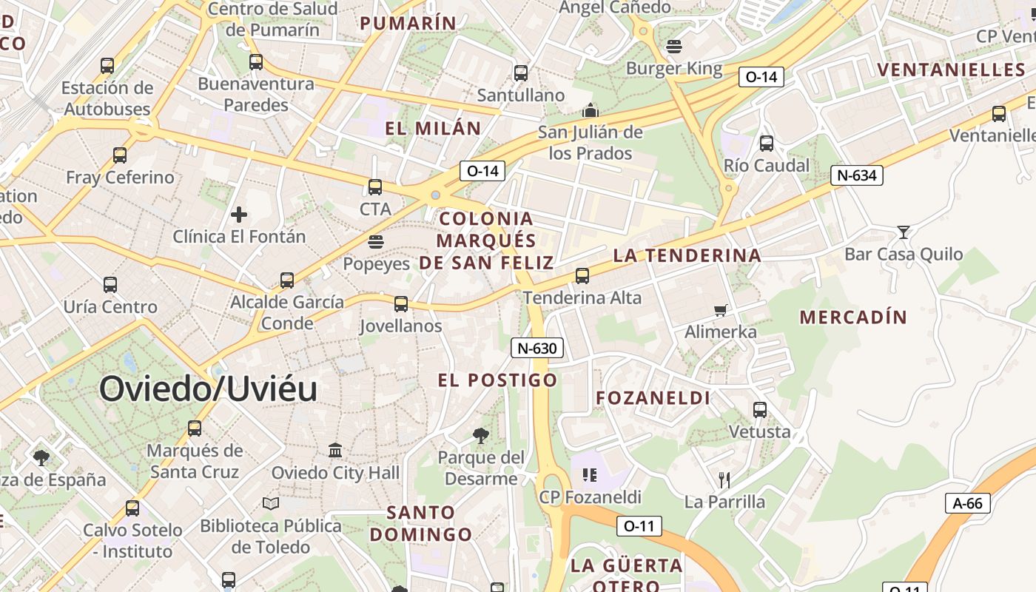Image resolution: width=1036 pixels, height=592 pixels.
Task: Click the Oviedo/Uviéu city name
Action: [208, 389]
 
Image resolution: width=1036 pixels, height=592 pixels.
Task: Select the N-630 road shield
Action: [537, 348]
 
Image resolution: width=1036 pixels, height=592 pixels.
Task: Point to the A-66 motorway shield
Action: [968, 504]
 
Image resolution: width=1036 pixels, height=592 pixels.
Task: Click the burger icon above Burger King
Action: [673, 47]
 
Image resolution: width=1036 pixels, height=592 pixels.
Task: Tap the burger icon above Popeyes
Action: [376, 242]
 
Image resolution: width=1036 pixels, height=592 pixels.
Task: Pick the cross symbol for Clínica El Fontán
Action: [239, 215]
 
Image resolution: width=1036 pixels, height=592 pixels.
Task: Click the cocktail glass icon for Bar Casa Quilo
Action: [903, 232]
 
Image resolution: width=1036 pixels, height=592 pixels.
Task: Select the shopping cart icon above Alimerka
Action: [721, 310]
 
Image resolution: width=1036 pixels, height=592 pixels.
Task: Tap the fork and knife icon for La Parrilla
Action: [724, 480]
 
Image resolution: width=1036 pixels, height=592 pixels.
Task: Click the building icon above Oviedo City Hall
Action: [335, 450]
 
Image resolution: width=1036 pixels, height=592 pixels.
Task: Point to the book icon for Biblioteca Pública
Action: [271, 504]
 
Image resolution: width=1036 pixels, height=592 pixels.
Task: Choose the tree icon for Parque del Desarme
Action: [481, 436]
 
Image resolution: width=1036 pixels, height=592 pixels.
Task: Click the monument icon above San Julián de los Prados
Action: [590, 111]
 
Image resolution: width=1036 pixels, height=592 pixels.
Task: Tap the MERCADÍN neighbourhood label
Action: [853, 317]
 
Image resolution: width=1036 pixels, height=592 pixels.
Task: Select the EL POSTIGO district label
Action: [497, 380]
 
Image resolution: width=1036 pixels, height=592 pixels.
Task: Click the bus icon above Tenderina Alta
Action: [582, 276]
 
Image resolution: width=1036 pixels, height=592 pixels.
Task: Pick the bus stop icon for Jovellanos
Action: [401, 303]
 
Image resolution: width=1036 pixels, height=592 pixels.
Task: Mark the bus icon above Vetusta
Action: [760, 409]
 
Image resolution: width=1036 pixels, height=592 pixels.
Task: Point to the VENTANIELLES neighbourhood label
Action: [951, 70]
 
